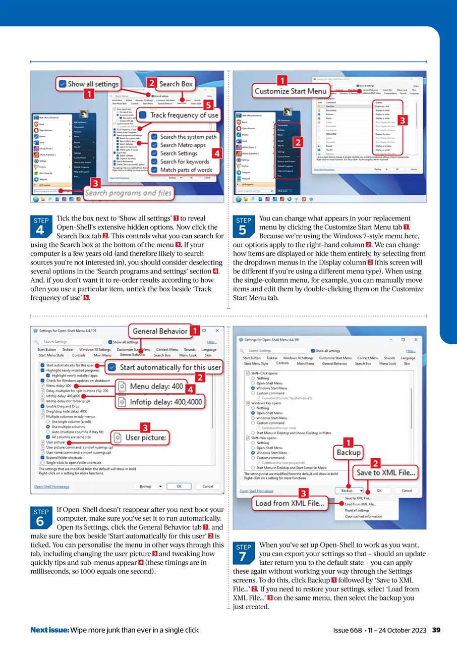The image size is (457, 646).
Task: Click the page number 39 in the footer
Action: [437, 630]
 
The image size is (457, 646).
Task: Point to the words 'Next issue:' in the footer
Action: [49, 630]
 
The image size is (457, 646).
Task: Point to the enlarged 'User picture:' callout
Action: [140, 438]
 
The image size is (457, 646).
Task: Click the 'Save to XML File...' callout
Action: [386, 473]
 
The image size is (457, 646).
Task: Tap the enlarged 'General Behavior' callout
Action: [160, 331]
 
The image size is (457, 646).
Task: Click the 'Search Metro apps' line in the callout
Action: [183, 145]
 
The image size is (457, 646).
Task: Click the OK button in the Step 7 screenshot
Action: [379, 491]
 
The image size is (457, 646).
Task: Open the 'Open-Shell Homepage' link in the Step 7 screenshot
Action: [257, 491]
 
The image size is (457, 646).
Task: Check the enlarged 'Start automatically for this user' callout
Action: [165, 367]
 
